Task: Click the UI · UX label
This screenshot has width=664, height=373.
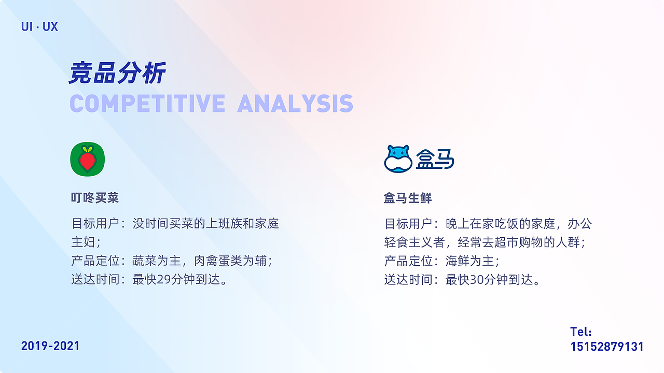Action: tap(39, 26)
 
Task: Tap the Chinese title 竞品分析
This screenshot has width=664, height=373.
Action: tap(117, 73)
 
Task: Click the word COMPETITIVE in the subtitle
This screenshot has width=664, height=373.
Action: tap(147, 104)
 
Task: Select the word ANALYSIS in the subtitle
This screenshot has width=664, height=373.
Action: tap(295, 104)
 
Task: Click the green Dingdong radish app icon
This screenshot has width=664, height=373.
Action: tap(88, 159)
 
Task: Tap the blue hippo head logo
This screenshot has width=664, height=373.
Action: tap(398, 159)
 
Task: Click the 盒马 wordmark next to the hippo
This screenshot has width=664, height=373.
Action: tap(435, 159)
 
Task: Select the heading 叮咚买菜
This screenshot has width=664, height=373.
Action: tap(95, 198)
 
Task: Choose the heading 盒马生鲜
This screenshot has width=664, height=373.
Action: tap(408, 198)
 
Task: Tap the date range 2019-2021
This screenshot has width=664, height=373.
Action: tap(50, 346)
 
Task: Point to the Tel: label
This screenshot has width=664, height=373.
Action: tap(581, 332)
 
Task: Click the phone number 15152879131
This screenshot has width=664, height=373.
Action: tap(607, 347)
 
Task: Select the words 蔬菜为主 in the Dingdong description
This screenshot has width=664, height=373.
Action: tap(157, 261)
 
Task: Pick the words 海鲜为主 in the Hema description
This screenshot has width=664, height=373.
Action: tap(470, 261)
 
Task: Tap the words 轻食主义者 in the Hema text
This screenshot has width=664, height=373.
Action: tap(414, 242)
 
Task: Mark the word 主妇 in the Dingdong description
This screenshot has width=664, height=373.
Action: tap(84, 242)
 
